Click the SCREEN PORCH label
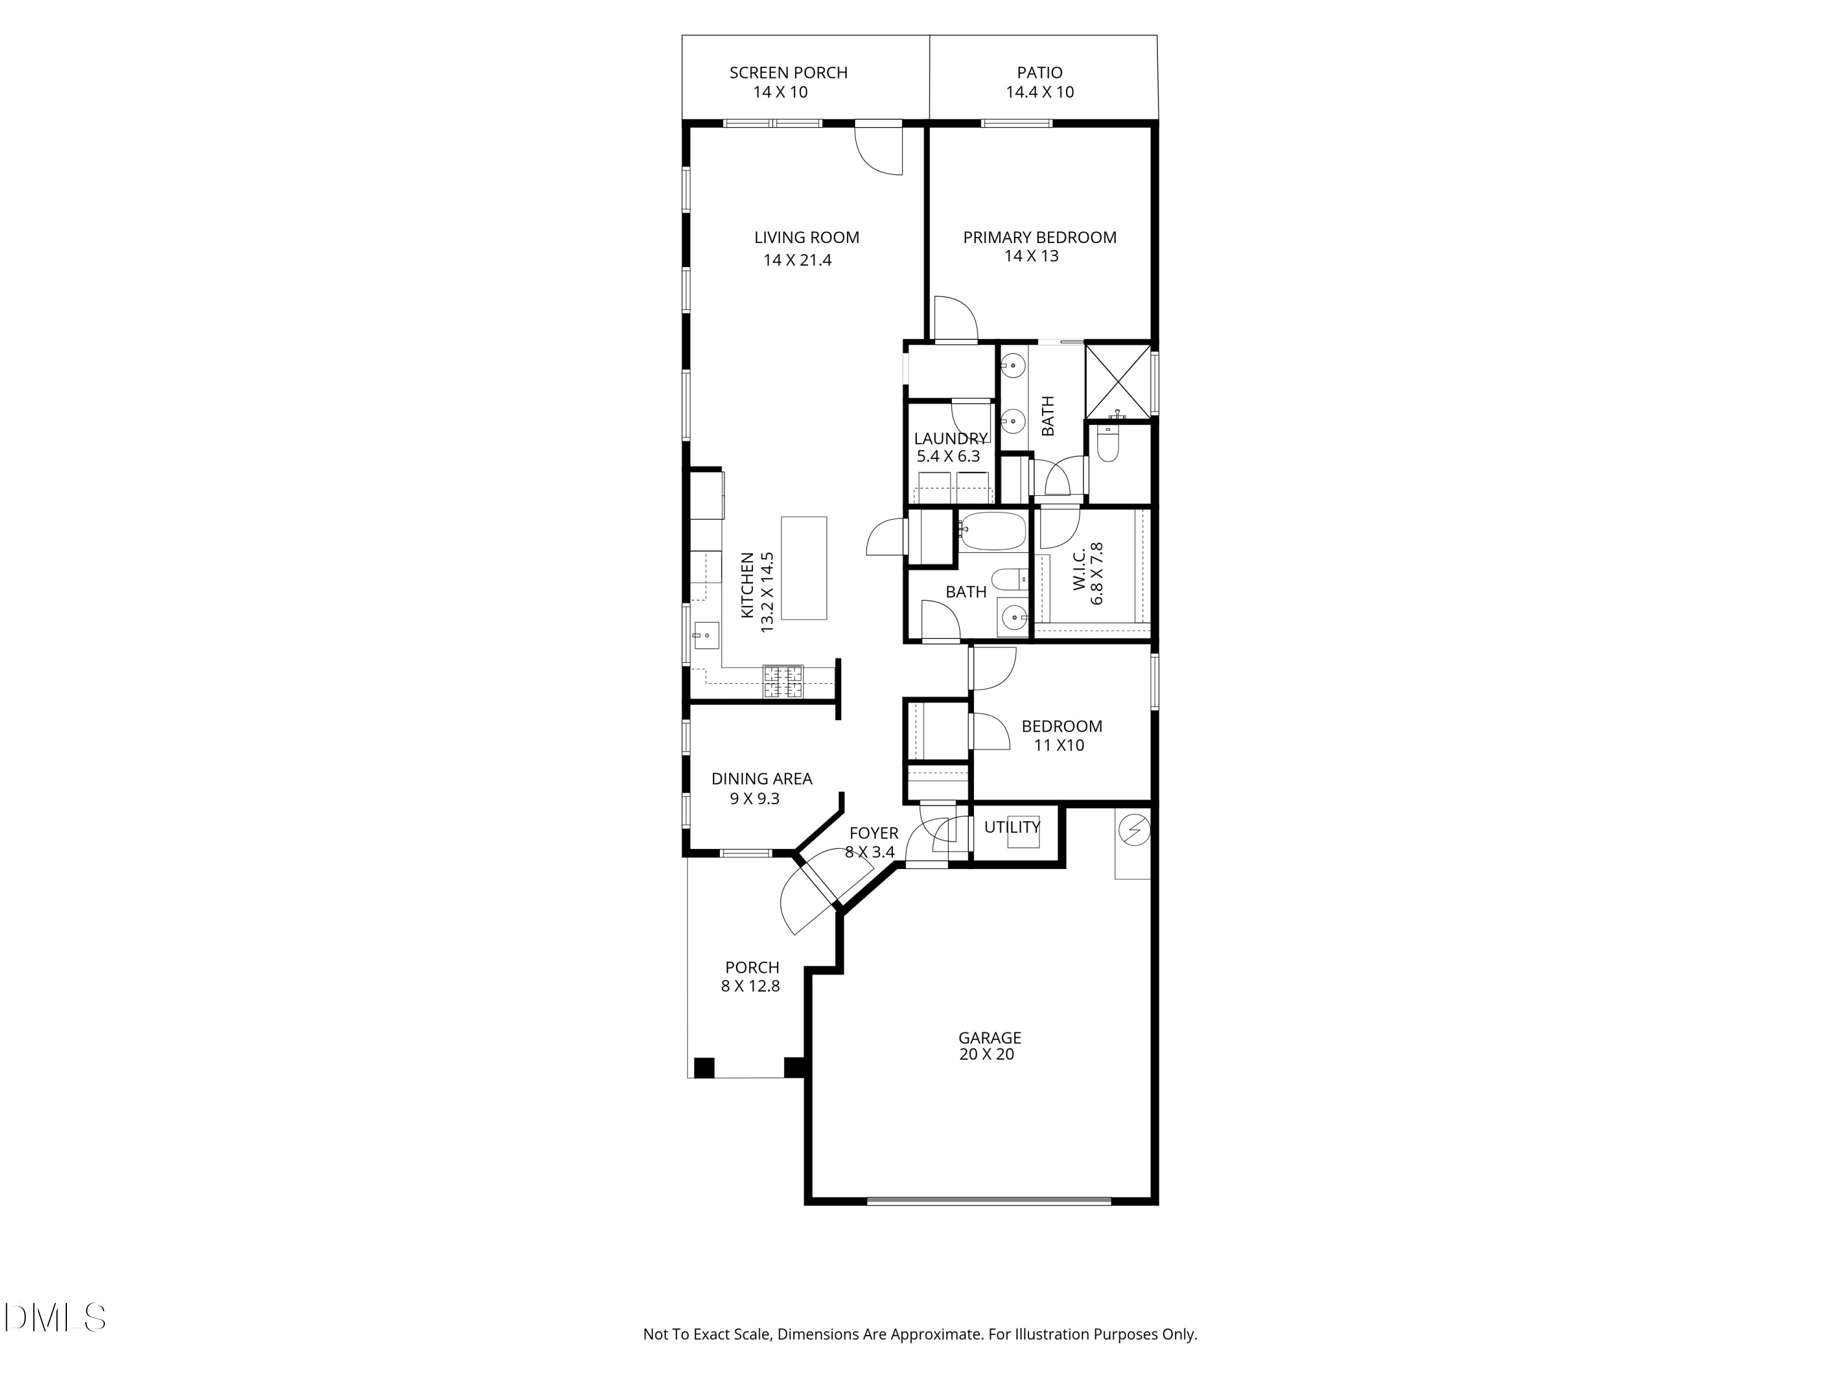(788, 72)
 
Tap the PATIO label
(1040, 72)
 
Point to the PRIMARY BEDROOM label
(1040, 238)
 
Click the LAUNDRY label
(949, 439)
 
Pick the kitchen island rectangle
(804, 568)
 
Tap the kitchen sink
(706, 635)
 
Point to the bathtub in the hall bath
(993, 531)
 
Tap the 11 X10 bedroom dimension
(1059, 745)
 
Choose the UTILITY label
(1012, 827)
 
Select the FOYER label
(874, 834)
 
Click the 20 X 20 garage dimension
(987, 1054)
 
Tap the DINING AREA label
(762, 779)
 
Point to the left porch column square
(704, 1067)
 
